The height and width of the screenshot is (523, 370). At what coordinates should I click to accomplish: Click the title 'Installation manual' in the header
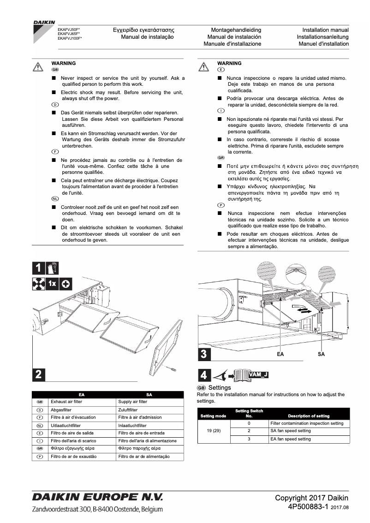(x=325, y=30)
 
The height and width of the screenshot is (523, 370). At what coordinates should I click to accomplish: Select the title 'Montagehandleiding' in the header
(x=236, y=30)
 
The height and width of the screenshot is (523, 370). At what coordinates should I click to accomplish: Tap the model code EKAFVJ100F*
(x=70, y=38)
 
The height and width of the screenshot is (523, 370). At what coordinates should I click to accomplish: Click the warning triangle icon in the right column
(x=204, y=66)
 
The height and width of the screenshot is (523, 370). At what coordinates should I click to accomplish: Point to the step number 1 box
(x=38, y=268)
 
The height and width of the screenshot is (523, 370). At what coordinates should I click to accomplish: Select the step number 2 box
(x=38, y=374)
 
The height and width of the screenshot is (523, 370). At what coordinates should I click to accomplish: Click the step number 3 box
(x=204, y=354)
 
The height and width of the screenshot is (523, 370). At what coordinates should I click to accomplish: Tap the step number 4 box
(x=203, y=375)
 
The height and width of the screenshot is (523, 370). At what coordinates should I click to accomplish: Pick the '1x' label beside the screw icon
(x=52, y=284)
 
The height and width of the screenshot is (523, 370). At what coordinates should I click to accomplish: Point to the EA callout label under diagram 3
(x=280, y=354)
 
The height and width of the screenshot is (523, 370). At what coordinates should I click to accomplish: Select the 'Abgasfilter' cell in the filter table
(x=61, y=410)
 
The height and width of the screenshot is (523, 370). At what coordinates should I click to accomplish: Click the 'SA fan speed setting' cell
(x=291, y=431)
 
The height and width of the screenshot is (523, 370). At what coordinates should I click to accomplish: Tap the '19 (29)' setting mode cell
(x=214, y=431)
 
